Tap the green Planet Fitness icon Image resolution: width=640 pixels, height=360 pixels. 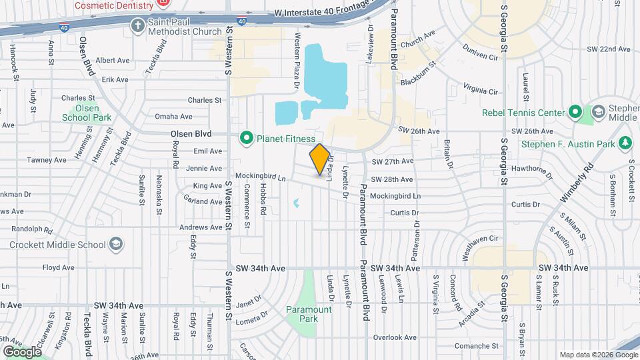tap(247, 139)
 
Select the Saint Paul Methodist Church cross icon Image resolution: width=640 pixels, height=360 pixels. tap(138, 25)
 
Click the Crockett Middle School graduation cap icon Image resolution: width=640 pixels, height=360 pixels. tap(117, 244)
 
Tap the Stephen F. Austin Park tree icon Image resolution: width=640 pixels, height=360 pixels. tap(625, 143)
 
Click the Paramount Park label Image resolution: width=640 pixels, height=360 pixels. tap(309, 313)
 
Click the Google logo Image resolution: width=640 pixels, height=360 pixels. tap(22, 351)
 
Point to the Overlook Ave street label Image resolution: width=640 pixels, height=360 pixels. tap(395, 337)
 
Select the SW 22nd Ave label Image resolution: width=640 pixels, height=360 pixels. tap(609, 49)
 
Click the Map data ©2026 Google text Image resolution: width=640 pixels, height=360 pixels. tap(597, 355)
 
